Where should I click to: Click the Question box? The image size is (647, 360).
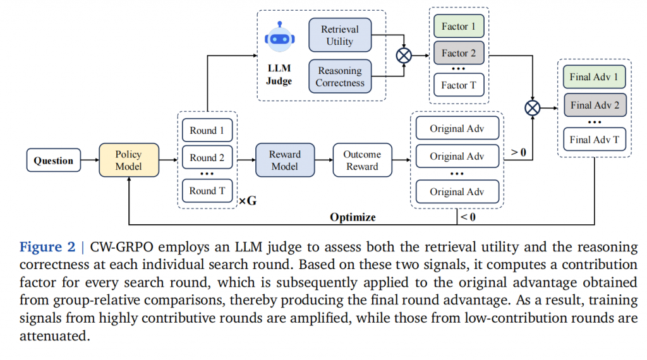point(54,160)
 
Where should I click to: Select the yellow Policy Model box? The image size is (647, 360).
point(129,160)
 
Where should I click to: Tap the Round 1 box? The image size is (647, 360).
point(207,131)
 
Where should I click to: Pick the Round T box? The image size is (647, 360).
point(207,190)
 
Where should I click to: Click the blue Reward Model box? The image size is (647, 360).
point(285,160)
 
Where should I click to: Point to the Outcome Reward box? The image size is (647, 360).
point(362,160)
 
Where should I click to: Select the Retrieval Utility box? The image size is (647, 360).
point(340,35)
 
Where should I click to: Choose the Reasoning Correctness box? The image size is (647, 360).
point(340,76)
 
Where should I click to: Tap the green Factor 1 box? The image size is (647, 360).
point(459,27)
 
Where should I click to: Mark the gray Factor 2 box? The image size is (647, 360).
point(459,54)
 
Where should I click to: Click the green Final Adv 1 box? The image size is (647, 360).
point(594,77)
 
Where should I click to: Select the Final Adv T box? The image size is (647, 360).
point(594,140)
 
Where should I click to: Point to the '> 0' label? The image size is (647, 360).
point(518,152)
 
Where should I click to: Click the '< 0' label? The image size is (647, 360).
point(468,217)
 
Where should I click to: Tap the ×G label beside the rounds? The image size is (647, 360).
point(247,201)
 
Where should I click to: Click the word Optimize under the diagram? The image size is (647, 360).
point(353,217)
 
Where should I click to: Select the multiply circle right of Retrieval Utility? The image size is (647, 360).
point(403,56)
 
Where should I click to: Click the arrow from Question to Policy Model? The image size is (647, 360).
point(90,160)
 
